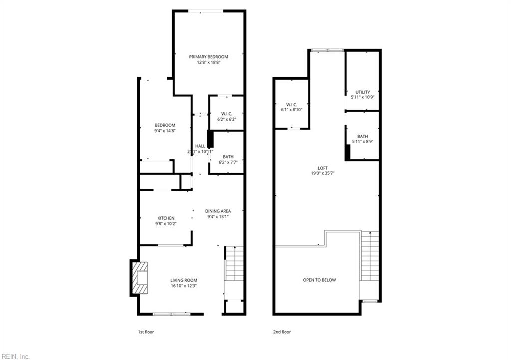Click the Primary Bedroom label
point(208,57)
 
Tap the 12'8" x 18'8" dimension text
point(208,63)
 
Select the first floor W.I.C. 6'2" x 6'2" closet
point(226,116)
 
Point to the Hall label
point(200,146)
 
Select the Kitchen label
point(166,218)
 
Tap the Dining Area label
point(218,211)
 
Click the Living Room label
point(184,280)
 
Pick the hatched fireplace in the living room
point(139,277)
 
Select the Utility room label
point(363,92)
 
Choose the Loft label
point(323,168)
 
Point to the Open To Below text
point(319,280)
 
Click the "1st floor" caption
point(146,332)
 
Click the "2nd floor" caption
point(282,332)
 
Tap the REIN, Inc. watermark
point(15,356)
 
